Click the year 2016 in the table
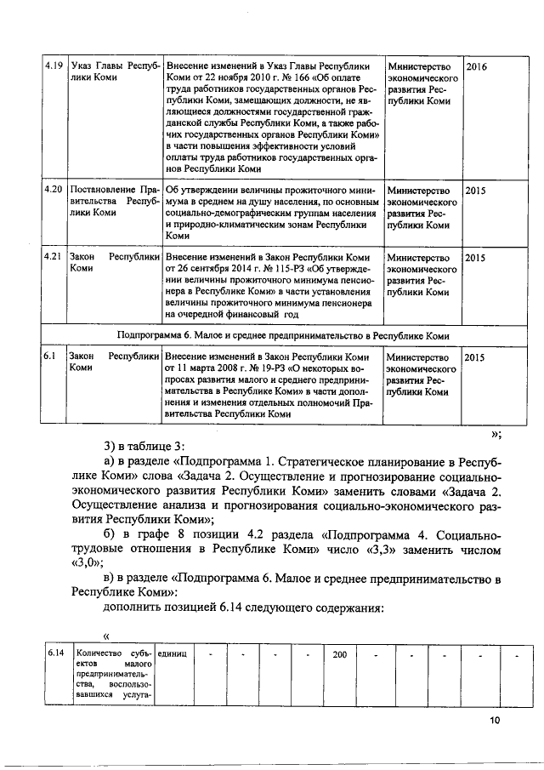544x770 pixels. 477,66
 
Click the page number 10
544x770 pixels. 495,721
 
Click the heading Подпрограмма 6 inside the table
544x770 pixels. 283,334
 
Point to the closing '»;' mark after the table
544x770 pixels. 496,434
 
